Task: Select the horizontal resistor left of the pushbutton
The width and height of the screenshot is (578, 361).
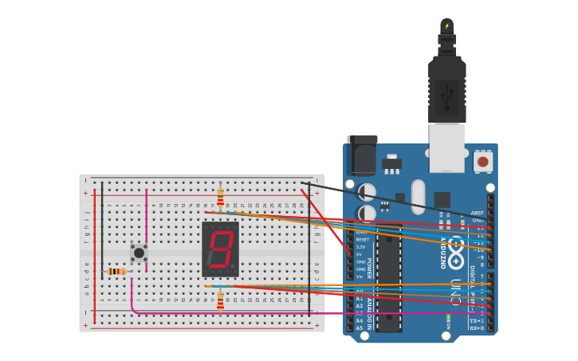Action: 116,272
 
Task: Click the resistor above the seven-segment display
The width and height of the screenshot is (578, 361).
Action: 221,196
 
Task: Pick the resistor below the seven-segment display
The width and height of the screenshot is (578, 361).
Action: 221,300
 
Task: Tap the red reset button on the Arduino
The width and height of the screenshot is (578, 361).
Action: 482,162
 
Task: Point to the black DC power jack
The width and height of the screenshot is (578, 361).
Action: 362,156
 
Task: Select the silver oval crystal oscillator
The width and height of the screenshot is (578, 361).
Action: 419,197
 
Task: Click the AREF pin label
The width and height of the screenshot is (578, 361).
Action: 478,213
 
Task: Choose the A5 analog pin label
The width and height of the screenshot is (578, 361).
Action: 359,328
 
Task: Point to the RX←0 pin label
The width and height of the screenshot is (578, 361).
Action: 477,328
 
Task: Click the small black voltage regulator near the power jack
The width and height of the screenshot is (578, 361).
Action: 391,163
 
